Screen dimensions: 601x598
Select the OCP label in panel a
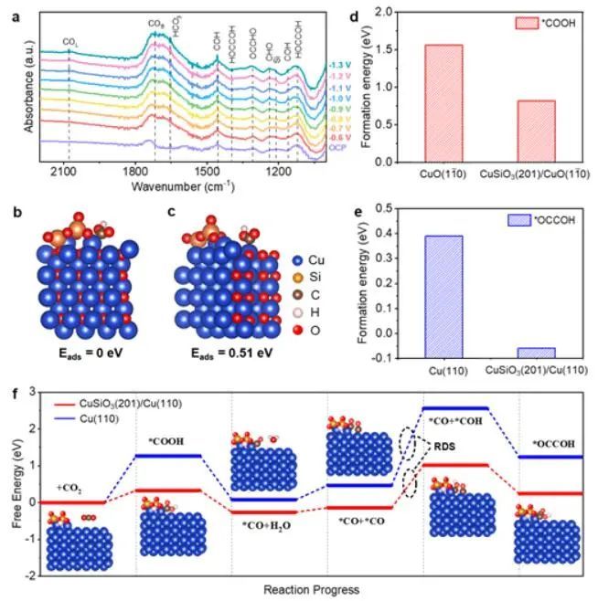click(337, 147)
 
